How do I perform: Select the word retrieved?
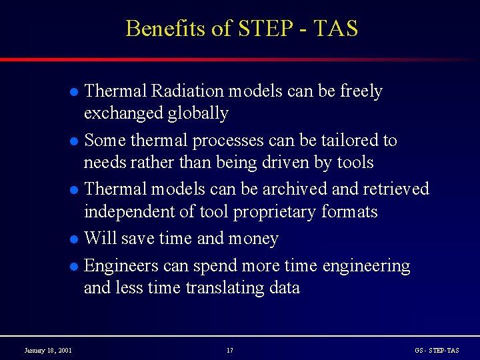coord(395,189)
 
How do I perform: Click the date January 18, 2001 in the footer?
coord(49,350)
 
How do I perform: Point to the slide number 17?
coord(230,350)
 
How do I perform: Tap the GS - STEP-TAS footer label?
coord(437,350)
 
